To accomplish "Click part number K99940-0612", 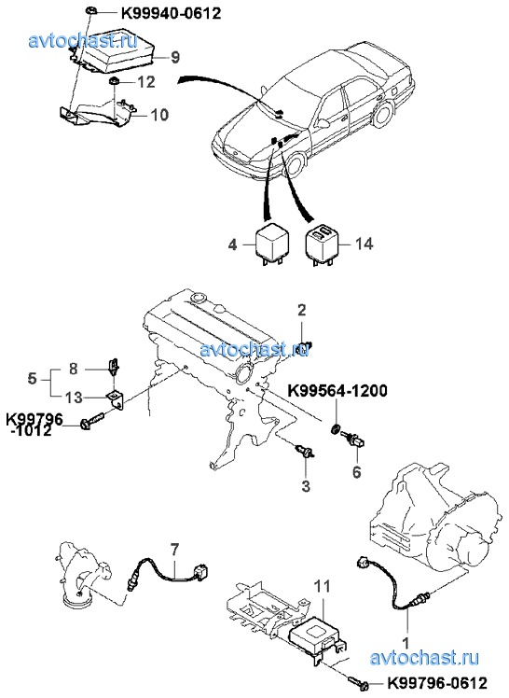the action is coord(172,13).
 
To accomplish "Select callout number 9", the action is coord(174,57).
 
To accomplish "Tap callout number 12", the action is coord(146,82).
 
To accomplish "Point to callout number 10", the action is coord(159,115).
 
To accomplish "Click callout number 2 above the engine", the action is coord(302,310).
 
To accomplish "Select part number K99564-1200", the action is coord(337,391).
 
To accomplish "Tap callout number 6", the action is coord(357,472).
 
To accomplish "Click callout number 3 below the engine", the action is coord(306,485).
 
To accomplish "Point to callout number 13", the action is coord(74,398).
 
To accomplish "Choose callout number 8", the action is coord(74,369).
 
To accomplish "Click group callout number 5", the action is coord(32,379).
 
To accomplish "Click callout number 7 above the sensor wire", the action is coord(173,551).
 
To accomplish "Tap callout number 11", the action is coord(323,587).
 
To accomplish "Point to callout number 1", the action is coord(406,643).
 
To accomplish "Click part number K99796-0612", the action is coord(438,682).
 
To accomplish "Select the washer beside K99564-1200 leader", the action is coord(337,429).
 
